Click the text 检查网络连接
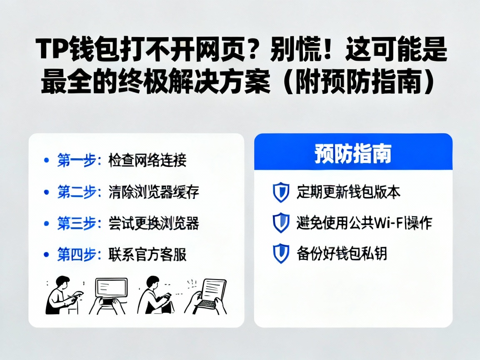[x=147, y=160]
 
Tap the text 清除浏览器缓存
[x=153, y=192]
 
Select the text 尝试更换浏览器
[x=153, y=223]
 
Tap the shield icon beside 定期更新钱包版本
[x=281, y=192]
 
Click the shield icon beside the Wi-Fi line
[x=281, y=223]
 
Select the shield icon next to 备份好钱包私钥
[x=281, y=253]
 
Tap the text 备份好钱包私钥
[x=342, y=253]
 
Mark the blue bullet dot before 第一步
[x=45, y=160]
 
